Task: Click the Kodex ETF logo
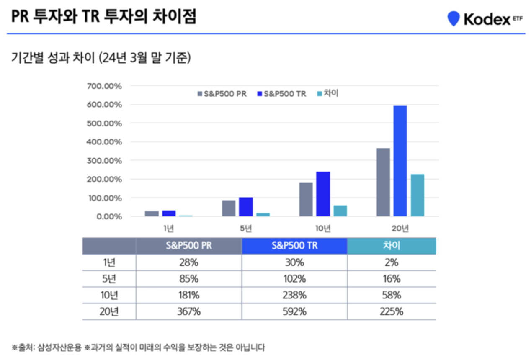(x=485, y=18)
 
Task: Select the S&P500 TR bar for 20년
(x=400, y=161)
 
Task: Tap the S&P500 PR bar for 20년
(x=383, y=182)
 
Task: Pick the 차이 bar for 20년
(x=417, y=195)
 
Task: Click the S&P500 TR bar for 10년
(x=323, y=194)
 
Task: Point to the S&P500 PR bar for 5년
(x=229, y=208)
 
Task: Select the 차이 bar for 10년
(x=340, y=211)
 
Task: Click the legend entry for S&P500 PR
(x=222, y=94)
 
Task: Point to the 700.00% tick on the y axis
(x=104, y=86)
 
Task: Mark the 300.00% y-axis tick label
(x=104, y=161)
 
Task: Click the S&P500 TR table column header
(x=294, y=246)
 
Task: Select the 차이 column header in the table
(x=392, y=246)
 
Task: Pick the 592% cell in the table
(x=294, y=312)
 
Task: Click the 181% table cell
(x=188, y=295)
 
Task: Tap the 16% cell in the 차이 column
(x=392, y=279)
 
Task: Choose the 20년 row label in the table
(x=109, y=312)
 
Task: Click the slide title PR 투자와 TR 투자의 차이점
(x=103, y=18)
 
